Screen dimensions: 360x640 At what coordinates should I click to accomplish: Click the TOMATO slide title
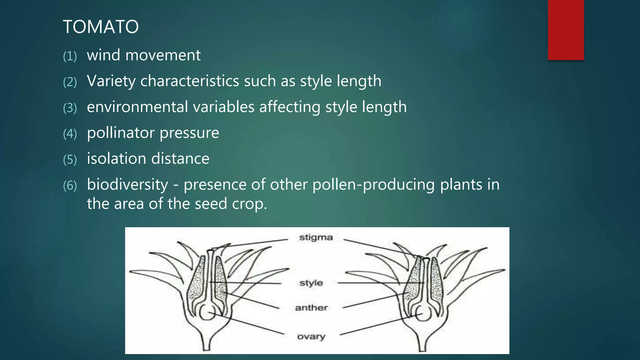pyautogui.click(x=101, y=27)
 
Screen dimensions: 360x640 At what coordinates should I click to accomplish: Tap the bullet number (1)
pyautogui.click(x=70, y=57)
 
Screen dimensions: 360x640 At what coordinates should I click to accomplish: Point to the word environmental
pyautogui.click(x=137, y=107)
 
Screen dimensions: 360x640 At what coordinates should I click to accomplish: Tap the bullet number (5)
pyautogui.click(x=70, y=160)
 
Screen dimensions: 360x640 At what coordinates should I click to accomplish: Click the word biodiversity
pyautogui.click(x=127, y=184)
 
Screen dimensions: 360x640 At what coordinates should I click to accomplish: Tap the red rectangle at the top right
pyautogui.click(x=566, y=30)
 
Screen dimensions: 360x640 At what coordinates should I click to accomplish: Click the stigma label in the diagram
pyautogui.click(x=316, y=237)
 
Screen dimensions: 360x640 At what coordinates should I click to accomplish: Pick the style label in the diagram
pyautogui.click(x=311, y=283)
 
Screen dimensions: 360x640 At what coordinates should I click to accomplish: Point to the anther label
pyautogui.click(x=311, y=308)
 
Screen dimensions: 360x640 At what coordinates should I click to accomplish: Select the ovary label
pyautogui.click(x=311, y=337)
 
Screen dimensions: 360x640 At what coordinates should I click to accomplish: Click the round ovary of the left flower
pyautogui.click(x=207, y=312)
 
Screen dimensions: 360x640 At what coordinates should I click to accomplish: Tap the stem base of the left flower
pyautogui.click(x=206, y=344)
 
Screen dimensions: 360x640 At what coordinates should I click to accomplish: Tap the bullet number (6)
pyautogui.click(x=70, y=186)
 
